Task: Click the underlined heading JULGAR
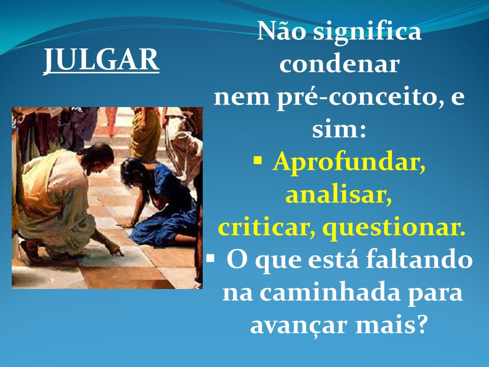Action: coord(101,60)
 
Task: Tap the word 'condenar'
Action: coord(339,64)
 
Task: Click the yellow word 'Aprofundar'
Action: coord(348,163)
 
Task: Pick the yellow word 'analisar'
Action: coord(339,195)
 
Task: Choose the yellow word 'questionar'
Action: coord(394,228)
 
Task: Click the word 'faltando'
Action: coord(419,259)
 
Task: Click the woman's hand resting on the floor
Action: coord(127,224)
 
